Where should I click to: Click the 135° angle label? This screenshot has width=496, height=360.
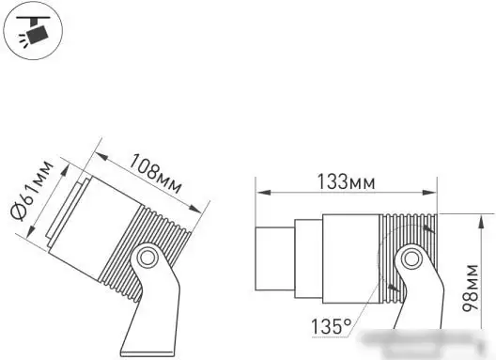click(333, 327)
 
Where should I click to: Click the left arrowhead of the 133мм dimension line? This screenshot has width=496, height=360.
click(260, 194)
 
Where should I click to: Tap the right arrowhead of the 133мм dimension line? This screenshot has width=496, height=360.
click(437, 194)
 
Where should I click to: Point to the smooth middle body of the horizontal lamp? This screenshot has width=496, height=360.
click(349, 256)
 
